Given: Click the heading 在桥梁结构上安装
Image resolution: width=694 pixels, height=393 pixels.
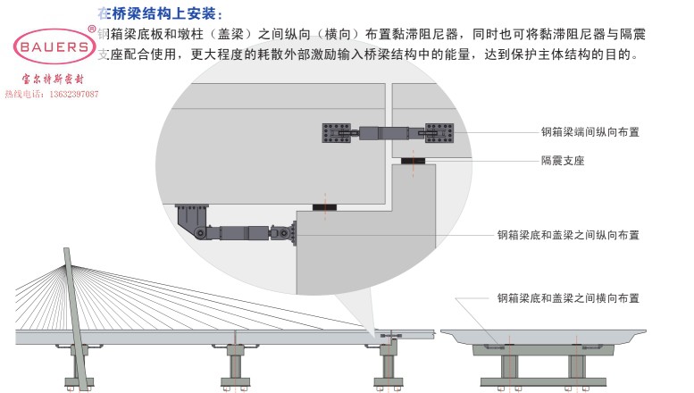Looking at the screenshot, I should point(159,13).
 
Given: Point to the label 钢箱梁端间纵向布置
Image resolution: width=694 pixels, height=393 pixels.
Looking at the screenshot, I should point(590,132).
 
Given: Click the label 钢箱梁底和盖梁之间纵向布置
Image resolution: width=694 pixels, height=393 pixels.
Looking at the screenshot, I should point(568,236).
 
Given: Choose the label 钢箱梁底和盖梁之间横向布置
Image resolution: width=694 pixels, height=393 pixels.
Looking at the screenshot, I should point(568,297).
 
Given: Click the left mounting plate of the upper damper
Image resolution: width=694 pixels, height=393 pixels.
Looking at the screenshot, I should point(339,132).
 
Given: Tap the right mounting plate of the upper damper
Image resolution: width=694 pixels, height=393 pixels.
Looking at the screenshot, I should point(442,132).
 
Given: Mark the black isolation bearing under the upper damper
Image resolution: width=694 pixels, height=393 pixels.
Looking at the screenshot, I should point(413,162).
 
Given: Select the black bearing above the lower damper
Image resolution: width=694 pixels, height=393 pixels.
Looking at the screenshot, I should point(325,208).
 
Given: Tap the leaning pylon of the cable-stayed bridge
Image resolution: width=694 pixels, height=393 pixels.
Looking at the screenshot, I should point(75,313).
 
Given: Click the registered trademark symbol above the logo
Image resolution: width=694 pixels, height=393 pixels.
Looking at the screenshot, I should point(92,28).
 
